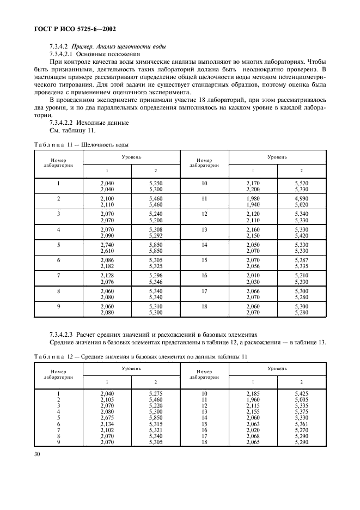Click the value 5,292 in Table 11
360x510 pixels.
point(156,236)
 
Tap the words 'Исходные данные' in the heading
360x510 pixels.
point(103,123)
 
